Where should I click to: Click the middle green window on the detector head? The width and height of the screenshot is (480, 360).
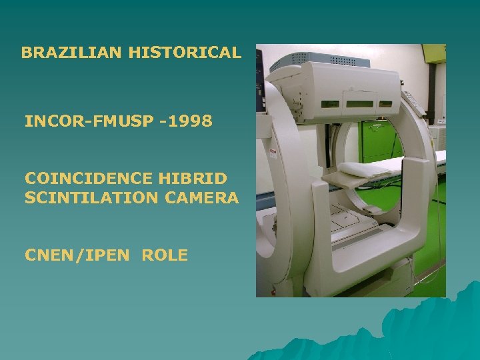click(359, 104)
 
